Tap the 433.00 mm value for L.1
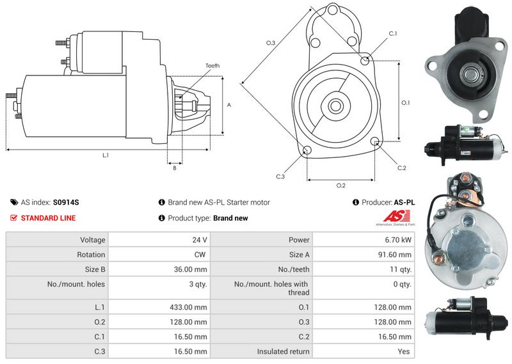pos(188,307)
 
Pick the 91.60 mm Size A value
pos(394,255)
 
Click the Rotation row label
pos(91,255)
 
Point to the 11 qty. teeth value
pos(401,270)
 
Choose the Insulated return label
pos(283,352)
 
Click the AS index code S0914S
pos(66,202)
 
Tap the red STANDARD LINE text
pos(49,218)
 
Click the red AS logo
pos(396,216)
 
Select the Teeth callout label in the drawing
pos(212,66)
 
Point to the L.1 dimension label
pos(106,155)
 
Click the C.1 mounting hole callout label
pos(393,34)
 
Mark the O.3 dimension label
pos(270,43)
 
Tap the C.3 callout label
pos(280,177)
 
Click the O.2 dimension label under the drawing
pos(341,186)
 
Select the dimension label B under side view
pos(175,168)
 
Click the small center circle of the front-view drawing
pos(335,106)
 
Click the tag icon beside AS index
pos(14,202)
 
